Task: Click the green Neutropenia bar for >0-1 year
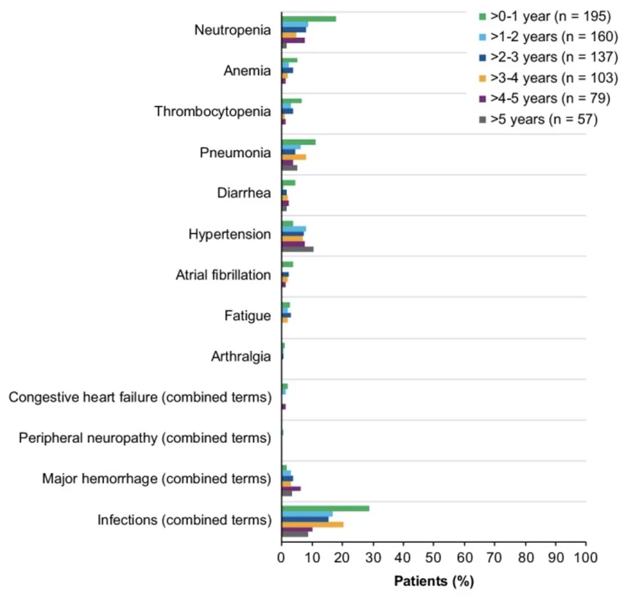click(308, 19)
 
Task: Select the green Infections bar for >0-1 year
click(325, 508)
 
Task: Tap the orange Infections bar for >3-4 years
click(312, 525)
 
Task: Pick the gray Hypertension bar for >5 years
click(297, 249)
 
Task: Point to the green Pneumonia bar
click(299, 142)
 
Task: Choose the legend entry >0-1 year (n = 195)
click(549, 16)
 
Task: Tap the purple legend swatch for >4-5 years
click(481, 99)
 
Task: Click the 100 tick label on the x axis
click(585, 558)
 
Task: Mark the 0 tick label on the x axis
click(282, 558)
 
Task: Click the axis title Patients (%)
click(434, 581)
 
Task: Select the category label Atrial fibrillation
click(223, 275)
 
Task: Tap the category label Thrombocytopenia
click(212, 111)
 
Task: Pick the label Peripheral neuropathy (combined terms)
click(145, 438)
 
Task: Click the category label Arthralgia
click(241, 356)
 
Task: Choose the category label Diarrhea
click(244, 193)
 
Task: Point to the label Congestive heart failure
click(140, 398)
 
